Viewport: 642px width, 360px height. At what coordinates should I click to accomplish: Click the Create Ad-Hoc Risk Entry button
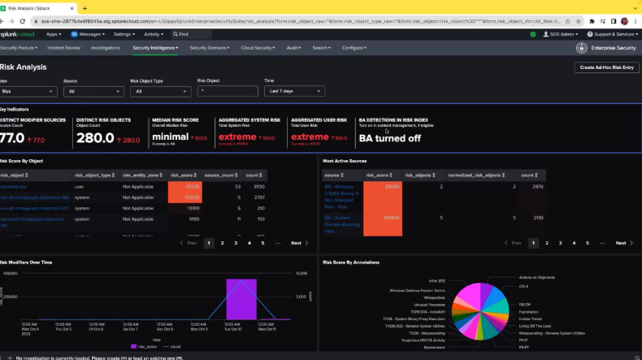coord(605,67)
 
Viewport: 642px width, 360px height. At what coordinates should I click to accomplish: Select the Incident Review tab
coord(63,48)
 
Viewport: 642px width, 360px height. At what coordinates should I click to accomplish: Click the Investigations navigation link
coord(106,48)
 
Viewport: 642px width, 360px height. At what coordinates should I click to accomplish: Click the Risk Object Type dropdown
coord(159,92)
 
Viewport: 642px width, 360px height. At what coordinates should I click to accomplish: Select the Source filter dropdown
coord(93,92)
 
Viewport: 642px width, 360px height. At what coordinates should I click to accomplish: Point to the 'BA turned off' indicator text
coord(390,138)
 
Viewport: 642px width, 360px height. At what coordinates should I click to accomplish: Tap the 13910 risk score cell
coord(193,208)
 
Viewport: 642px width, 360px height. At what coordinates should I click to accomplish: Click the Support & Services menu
coord(613,34)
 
